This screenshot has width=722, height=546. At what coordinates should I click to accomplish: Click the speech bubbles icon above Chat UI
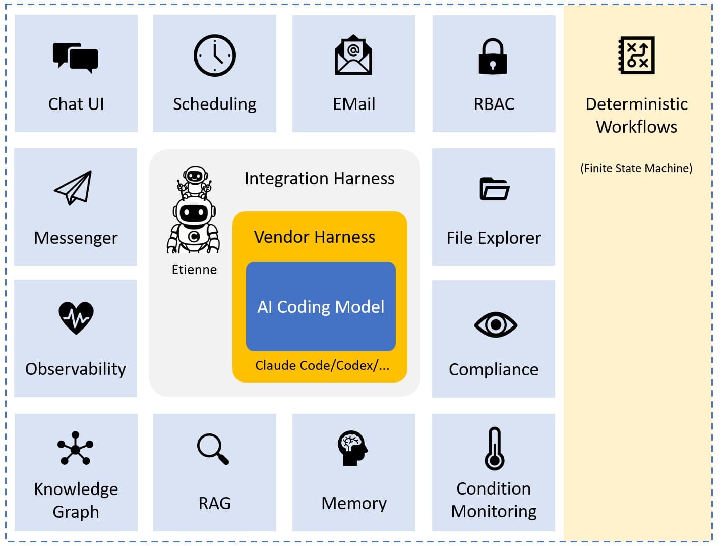click(x=76, y=58)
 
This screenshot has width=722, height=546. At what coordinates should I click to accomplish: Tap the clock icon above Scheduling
click(x=215, y=56)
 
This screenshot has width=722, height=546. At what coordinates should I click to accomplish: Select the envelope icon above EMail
click(x=353, y=55)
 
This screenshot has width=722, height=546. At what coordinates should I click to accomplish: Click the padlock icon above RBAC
click(x=493, y=56)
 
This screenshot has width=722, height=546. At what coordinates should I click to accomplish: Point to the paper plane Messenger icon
click(x=74, y=187)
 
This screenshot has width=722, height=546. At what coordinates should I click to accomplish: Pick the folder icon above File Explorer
click(x=494, y=189)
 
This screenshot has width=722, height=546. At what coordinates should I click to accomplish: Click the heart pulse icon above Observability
click(x=76, y=317)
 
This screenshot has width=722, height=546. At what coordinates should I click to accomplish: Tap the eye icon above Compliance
click(x=496, y=324)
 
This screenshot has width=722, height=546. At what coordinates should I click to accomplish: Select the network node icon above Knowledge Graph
click(x=76, y=448)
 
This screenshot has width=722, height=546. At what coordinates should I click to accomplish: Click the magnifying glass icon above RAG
click(x=213, y=449)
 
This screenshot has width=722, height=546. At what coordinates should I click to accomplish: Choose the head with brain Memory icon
click(x=352, y=448)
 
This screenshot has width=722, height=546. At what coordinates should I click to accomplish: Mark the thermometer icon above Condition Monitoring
click(x=495, y=449)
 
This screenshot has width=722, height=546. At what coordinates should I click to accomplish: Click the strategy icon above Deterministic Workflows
click(x=637, y=55)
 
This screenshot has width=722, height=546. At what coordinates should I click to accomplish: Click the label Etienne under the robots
click(x=194, y=269)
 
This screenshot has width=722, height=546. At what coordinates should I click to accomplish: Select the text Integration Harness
click(x=319, y=178)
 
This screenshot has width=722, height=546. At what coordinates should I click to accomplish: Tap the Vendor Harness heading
click(x=314, y=237)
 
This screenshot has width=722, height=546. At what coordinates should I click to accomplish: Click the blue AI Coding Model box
click(x=321, y=306)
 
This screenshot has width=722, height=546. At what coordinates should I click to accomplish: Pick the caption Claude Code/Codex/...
click(x=322, y=365)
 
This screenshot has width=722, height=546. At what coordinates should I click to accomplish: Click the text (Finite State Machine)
click(x=636, y=168)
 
